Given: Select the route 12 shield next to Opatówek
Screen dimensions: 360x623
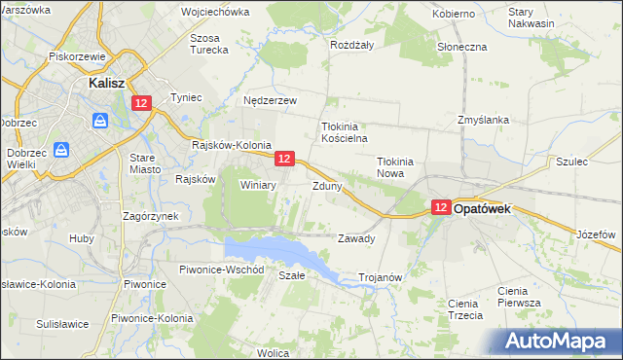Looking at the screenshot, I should coord(440,207).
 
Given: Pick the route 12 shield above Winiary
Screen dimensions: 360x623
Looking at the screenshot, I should coord(284,158).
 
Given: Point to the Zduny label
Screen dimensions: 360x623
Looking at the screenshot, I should coord(326,185).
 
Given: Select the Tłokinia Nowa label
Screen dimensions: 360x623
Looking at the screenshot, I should coord(396,168).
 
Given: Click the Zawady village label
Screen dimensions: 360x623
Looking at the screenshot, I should coord(355,238).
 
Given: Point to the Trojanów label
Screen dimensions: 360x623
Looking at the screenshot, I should coord(381,277).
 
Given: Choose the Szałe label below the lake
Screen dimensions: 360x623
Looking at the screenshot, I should coord(292,275).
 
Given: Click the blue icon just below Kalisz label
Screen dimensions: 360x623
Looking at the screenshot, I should coord(99,121).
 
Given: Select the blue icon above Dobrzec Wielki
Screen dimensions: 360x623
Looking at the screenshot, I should coord(60,150).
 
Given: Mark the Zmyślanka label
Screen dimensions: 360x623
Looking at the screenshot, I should coord(483,121).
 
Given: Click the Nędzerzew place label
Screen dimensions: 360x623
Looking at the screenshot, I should coord(270,100).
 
